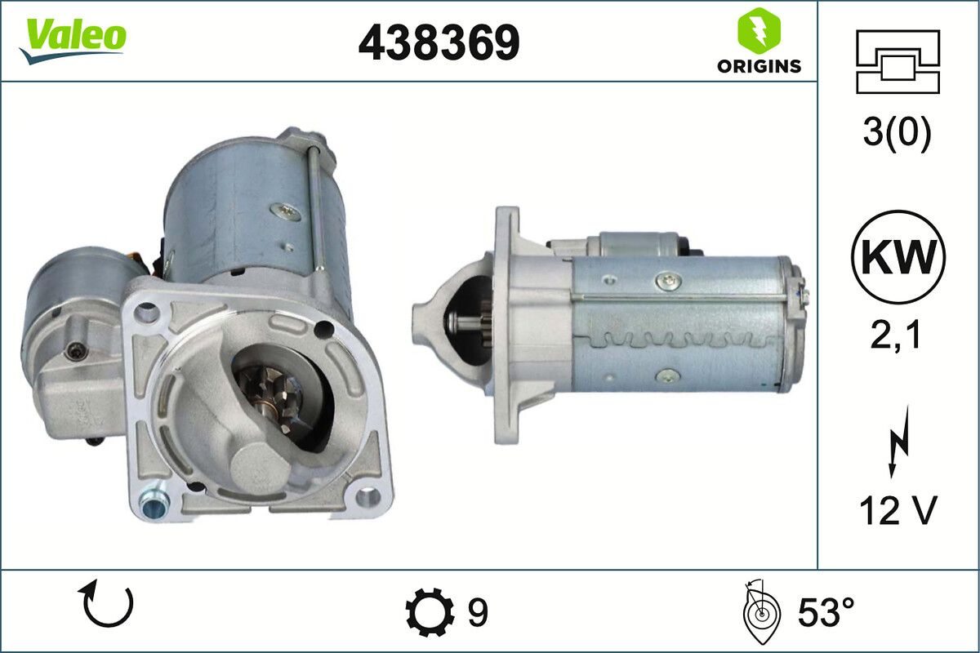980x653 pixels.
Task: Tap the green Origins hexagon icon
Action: tap(758, 31)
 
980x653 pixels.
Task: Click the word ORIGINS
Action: tap(759, 67)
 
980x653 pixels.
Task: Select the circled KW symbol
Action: tap(898, 257)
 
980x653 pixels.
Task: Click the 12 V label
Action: tap(898, 512)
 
